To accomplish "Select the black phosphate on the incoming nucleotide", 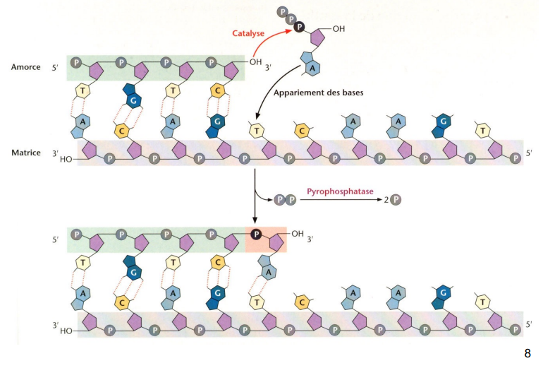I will pos(299,28).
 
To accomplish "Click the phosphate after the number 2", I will pos(396,200).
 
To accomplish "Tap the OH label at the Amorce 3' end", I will pos(255,63).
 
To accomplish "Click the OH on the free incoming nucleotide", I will pos(338,29).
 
